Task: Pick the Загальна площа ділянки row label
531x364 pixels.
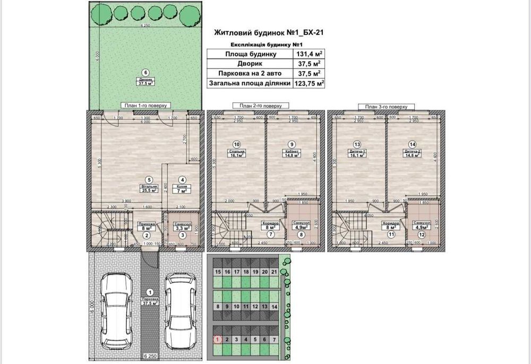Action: tap(248, 83)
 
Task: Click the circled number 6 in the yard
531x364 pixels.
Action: tap(142, 73)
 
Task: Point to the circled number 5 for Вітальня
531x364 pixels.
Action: tap(150, 180)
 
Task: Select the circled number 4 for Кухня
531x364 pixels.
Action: tap(182, 180)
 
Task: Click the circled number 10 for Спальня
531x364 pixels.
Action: tap(237, 144)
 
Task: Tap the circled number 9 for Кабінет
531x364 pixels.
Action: tap(291, 144)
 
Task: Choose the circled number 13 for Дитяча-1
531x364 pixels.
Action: tap(357, 144)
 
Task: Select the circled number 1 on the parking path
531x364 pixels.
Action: tap(149, 292)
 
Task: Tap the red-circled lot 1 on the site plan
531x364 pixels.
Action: tap(217, 339)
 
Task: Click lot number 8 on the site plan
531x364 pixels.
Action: tap(217, 306)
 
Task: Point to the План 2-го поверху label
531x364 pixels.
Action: tap(260, 106)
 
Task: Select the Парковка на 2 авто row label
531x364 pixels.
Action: tap(248, 73)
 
